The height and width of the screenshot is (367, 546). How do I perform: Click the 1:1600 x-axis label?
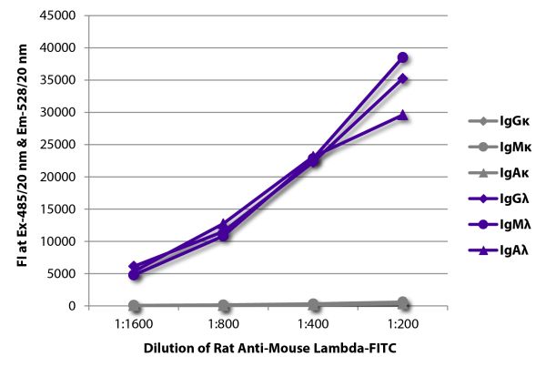(x=133, y=323)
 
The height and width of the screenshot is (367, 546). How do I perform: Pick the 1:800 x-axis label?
(x=223, y=323)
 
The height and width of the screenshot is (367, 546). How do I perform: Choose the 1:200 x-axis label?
(x=401, y=323)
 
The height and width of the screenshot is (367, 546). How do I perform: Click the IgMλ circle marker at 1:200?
(x=402, y=57)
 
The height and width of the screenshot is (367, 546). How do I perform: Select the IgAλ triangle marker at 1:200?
(x=402, y=116)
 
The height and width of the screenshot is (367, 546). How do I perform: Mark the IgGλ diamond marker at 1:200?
(x=402, y=79)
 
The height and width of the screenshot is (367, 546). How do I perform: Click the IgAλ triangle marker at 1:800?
(x=223, y=223)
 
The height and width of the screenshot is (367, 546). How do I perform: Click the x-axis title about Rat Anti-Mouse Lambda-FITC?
(x=268, y=348)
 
